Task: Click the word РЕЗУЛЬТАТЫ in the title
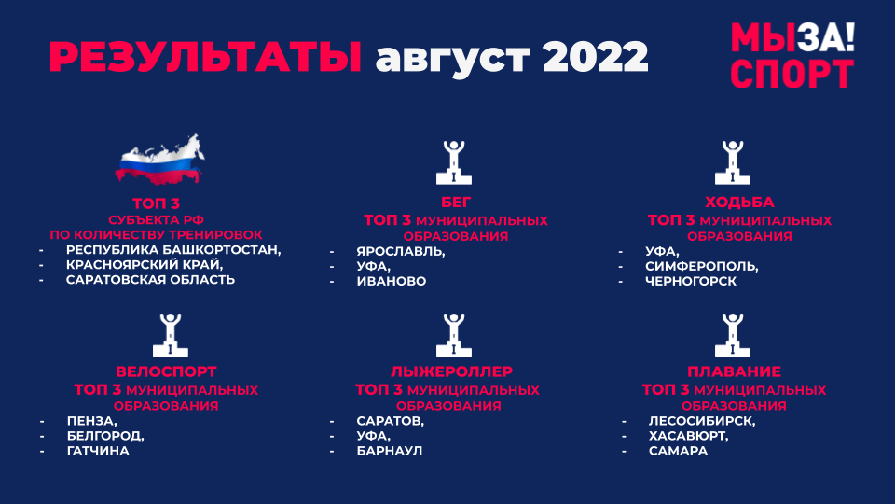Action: pos(205,57)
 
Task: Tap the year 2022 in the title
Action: pos(596,57)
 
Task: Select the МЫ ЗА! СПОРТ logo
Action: pos(792,55)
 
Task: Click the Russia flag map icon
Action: pos(159,160)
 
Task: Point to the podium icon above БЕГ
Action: pos(454,162)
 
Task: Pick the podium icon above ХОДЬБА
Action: pos(733,162)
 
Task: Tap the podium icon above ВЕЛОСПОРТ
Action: pos(170,335)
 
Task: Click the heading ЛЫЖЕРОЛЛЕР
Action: pos(451,371)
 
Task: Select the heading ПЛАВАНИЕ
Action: pos(734,371)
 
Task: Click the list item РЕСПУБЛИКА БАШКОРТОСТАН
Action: pos(172,250)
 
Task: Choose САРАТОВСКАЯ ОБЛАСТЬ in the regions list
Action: pos(150,279)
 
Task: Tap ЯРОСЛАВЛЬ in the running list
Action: pos(400,251)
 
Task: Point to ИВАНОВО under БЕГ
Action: pos(391,281)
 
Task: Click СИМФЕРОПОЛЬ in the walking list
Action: pos(701,266)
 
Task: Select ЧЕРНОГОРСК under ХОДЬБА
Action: pos(691,281)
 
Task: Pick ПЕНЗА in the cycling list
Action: pos(91,421)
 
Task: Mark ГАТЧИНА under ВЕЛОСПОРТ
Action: pos(98,451)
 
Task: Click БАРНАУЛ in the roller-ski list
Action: pos(390,451)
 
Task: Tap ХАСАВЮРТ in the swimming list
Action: pos(688,436)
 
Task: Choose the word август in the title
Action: pos(453,58)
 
